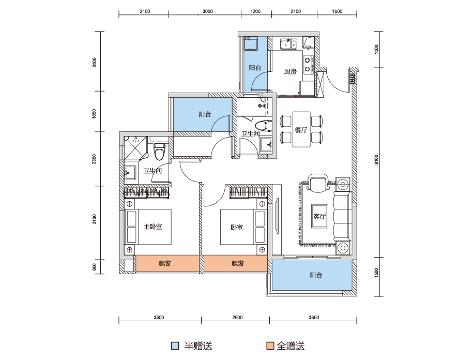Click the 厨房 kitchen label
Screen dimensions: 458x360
pos(290,71)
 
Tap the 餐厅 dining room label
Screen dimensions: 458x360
pos(301,130)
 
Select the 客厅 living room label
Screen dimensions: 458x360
pos(319,216)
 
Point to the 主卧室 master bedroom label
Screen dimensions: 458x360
pos(153,227)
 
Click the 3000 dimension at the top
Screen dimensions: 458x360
pos(208,11)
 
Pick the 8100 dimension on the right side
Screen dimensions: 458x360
pos(376,159)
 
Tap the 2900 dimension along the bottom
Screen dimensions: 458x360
pos(237,318)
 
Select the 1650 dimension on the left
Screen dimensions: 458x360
pos(94,114)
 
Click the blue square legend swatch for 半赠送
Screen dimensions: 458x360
pos(175,346)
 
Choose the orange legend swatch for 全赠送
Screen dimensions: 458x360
pos(270,346)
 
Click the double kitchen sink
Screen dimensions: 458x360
pos(288,44)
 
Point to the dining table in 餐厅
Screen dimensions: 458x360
pos(301,129)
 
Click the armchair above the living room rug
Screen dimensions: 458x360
pos(318,183)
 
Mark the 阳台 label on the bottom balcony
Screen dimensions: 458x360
pos(316,275)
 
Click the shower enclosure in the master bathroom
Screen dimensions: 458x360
pos(135,148)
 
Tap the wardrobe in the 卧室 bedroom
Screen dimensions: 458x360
pos(249,193)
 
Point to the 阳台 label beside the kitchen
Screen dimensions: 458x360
pos(255,68)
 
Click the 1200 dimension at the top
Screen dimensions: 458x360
pos(255,11)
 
